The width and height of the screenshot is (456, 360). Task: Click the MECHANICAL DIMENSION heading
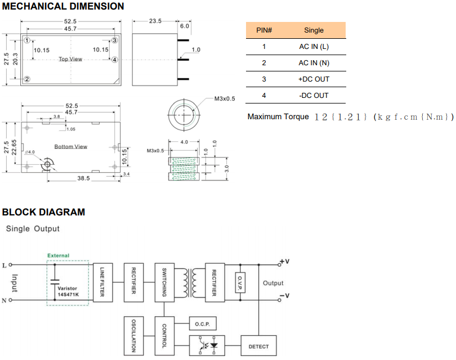pos(63,7)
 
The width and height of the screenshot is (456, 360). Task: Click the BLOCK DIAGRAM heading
pos(44,212)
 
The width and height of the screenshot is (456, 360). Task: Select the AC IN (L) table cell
pos(314,47)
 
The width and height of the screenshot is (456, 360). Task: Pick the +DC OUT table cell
pos(314,79)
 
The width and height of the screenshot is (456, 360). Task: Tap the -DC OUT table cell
pos(314,96)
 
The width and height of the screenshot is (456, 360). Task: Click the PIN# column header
pos(264,30)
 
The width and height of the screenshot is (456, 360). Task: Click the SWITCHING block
pos(164,282)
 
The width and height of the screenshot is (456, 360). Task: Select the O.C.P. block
pos(202,323)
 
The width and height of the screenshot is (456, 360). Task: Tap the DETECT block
pos(258,346)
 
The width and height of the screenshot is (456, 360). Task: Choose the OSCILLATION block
pos(133,335)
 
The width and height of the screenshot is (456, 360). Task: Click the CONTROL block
pos(164,335)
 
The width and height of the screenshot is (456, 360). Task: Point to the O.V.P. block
pos(240,282)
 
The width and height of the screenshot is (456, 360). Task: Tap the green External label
pos(58,255)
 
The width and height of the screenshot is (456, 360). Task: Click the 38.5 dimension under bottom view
pos(83,178)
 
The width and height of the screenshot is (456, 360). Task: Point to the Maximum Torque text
pos(278,117)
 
